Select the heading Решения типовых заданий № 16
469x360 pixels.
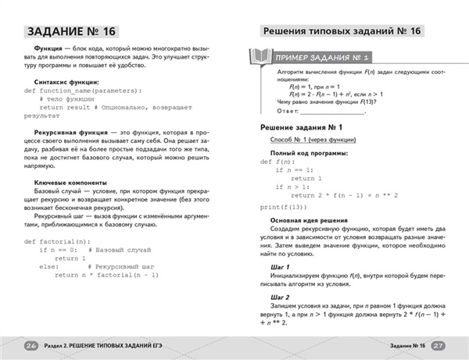coord(342,30)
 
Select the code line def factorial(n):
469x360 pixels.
coord(57,241)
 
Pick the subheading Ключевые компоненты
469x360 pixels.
coord(72,182)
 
